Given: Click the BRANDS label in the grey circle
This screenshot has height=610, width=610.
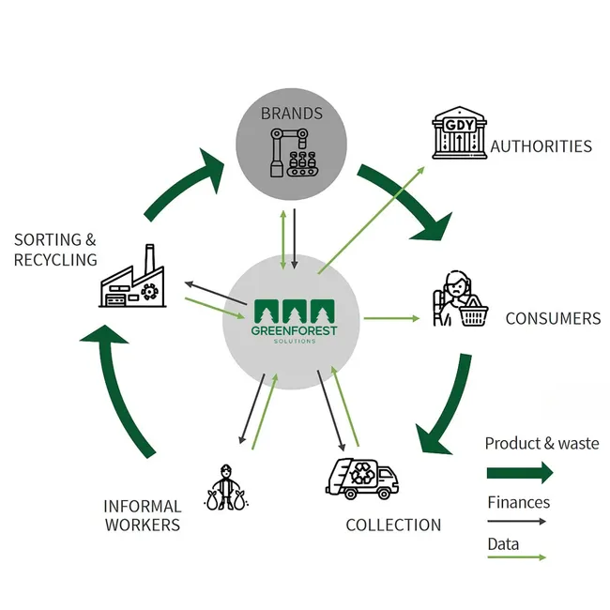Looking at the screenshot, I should pos(292,114).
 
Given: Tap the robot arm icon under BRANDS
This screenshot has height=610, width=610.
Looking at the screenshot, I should pos(292,149).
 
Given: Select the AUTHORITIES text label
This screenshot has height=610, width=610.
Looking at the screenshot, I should pos(541,146).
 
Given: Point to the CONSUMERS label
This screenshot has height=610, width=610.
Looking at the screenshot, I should pos(553,318).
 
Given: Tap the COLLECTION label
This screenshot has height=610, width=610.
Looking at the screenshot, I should pos(393,525).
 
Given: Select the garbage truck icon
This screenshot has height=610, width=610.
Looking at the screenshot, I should pos(361,477).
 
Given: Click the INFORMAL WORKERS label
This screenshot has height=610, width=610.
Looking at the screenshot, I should pos(141,515).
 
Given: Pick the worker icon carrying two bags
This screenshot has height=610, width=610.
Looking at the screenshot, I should pos(225,486).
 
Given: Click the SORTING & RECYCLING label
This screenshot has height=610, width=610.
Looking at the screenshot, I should pos(55,250).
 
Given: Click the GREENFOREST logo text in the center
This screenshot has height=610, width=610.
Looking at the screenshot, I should pos(294,330).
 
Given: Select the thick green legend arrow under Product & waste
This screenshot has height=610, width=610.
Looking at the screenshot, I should pos(520,472).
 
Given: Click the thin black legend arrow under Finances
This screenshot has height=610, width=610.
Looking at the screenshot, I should pos(516,521).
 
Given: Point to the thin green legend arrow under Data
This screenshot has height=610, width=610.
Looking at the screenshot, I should pos(516,557).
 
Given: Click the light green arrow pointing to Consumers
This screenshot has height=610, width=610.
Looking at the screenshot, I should pos(391,319).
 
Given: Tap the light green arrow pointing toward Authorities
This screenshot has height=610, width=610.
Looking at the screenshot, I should pos(371,219).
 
